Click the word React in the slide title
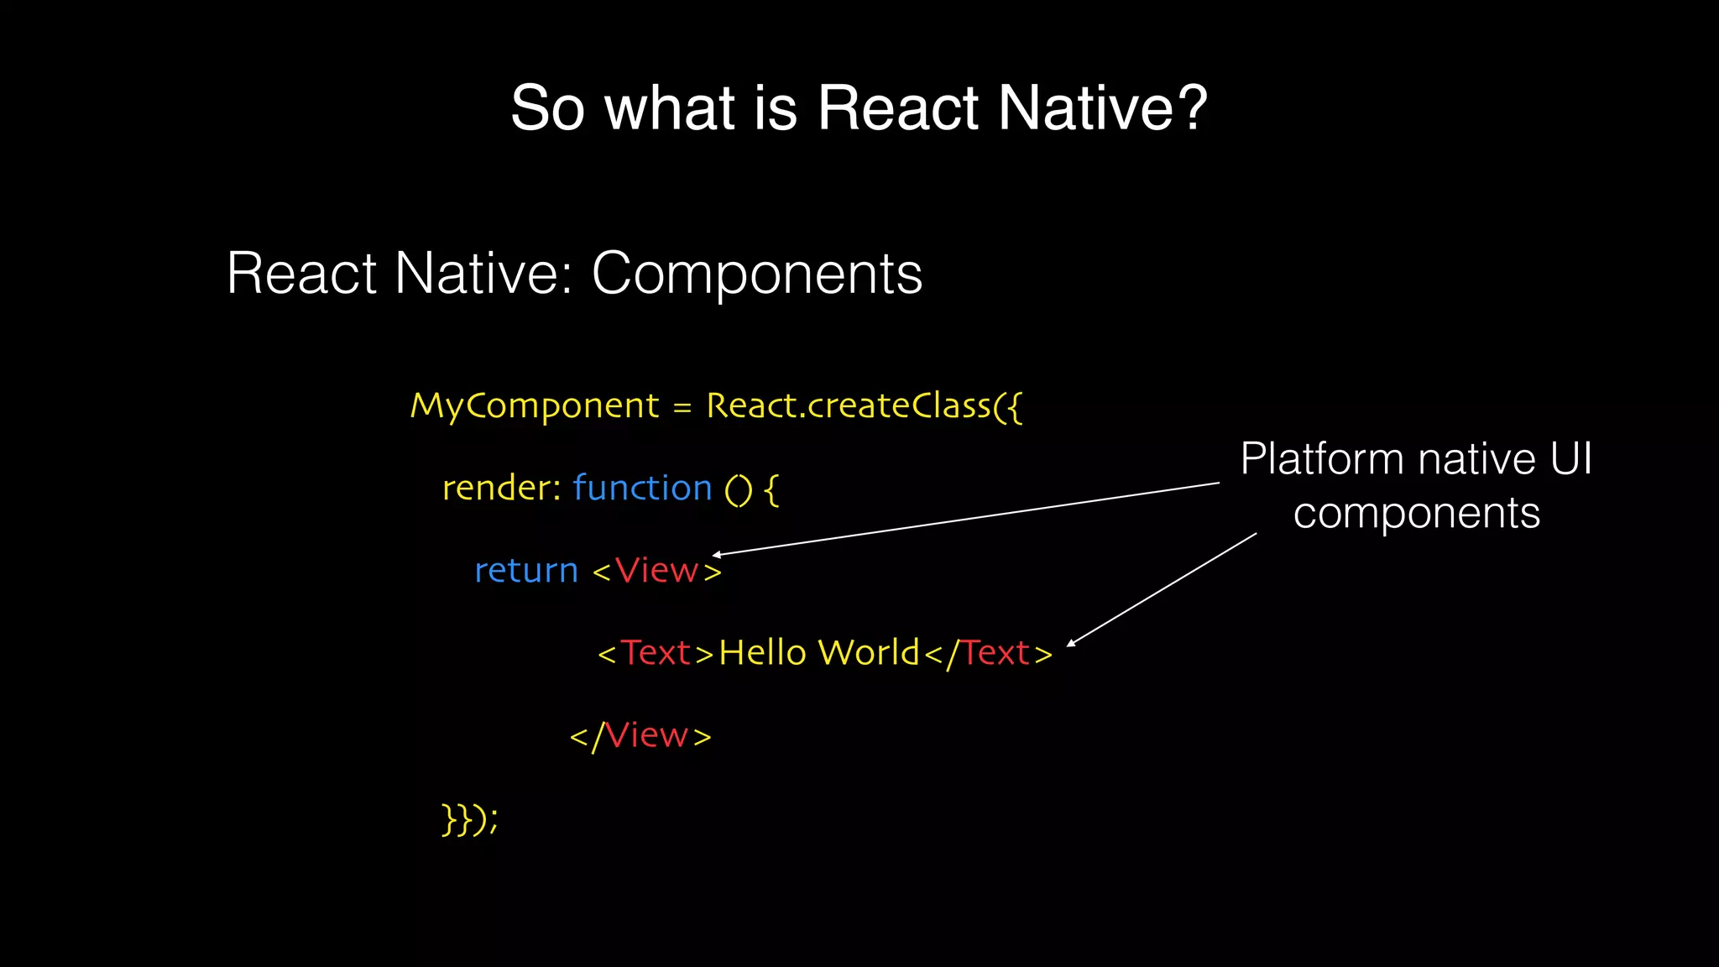pyautogui.click(x=897, y=108)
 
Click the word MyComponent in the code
pyautogui.click(x=535, y=406)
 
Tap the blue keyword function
pyautogui.click(x=642, y=488)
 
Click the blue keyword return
pyautogui.click(x=526, y=571)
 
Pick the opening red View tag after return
pyautogui.click(x=657, y=571)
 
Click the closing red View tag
pyautogui.click(x=646, y=736)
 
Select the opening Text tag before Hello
pyautogui.click(x=656, y=653)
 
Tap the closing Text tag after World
pyautogui.click(x=995, y=653)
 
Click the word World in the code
pyautogui.click(x=869, y=653)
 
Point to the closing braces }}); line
pyautogui.click(x=469, y=818)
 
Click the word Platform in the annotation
pyautogui.click(x=1322, y=459)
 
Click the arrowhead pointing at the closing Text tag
pyautogui.click(x=1071, y=644)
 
